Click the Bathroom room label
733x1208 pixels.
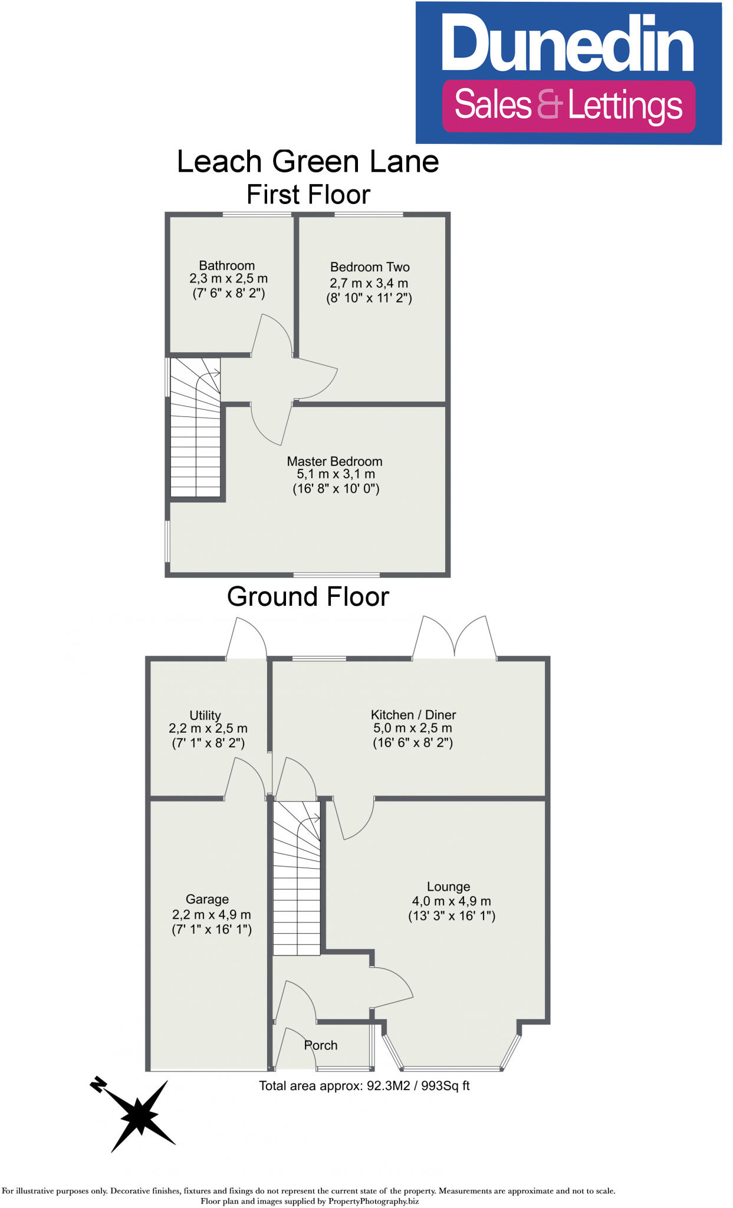click(226, 265)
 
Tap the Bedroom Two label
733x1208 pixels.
click(370, 267)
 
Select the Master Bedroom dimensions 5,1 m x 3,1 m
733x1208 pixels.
click(336, 474)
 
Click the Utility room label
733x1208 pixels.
click(205, 715)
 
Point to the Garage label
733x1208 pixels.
click(207, 900)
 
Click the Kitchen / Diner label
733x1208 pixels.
click(413, 715)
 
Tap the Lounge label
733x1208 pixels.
click(448, 887)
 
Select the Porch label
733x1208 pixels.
click(321, 1045)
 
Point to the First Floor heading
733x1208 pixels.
click(308, 195)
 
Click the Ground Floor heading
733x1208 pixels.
click(308, 597)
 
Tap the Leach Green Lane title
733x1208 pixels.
click(308, 162)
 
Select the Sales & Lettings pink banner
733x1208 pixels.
click(568, 106)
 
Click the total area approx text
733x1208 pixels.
click(364, 1086)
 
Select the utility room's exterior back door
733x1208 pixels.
click(246, 639)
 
